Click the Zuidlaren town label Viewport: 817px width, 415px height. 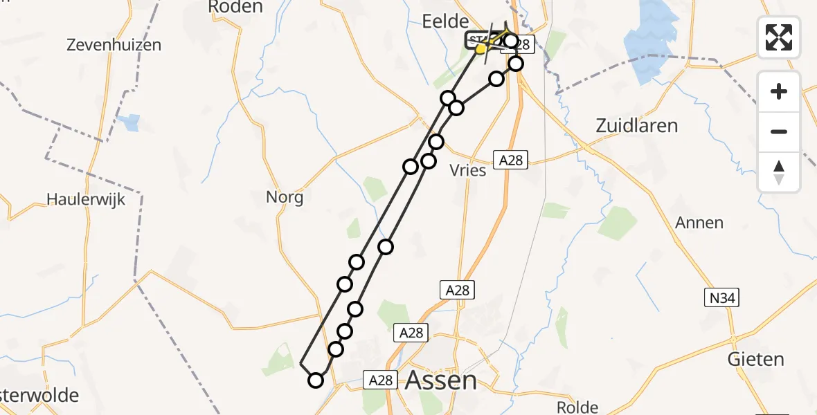click(636, 126)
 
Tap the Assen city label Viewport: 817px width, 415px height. click(440, 380)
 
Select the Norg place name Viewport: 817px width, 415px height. click(285, 198)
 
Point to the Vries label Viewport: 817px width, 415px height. click(468, 170)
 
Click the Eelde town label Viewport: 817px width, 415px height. click(445, 21)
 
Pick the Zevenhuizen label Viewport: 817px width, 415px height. click(114, 46)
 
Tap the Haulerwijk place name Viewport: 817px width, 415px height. click(86, 199)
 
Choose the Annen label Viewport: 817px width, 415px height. click(699, 223)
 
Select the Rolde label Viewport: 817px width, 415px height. click(577, 407)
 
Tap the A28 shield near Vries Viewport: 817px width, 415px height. click(510, 160)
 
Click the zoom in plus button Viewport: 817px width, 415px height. click(779, 91)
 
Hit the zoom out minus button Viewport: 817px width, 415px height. click(779, 131)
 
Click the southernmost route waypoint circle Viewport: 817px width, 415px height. click(316, 380)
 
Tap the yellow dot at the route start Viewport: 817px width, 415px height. click(481, 48)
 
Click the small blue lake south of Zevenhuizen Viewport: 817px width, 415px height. click(129, 123)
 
